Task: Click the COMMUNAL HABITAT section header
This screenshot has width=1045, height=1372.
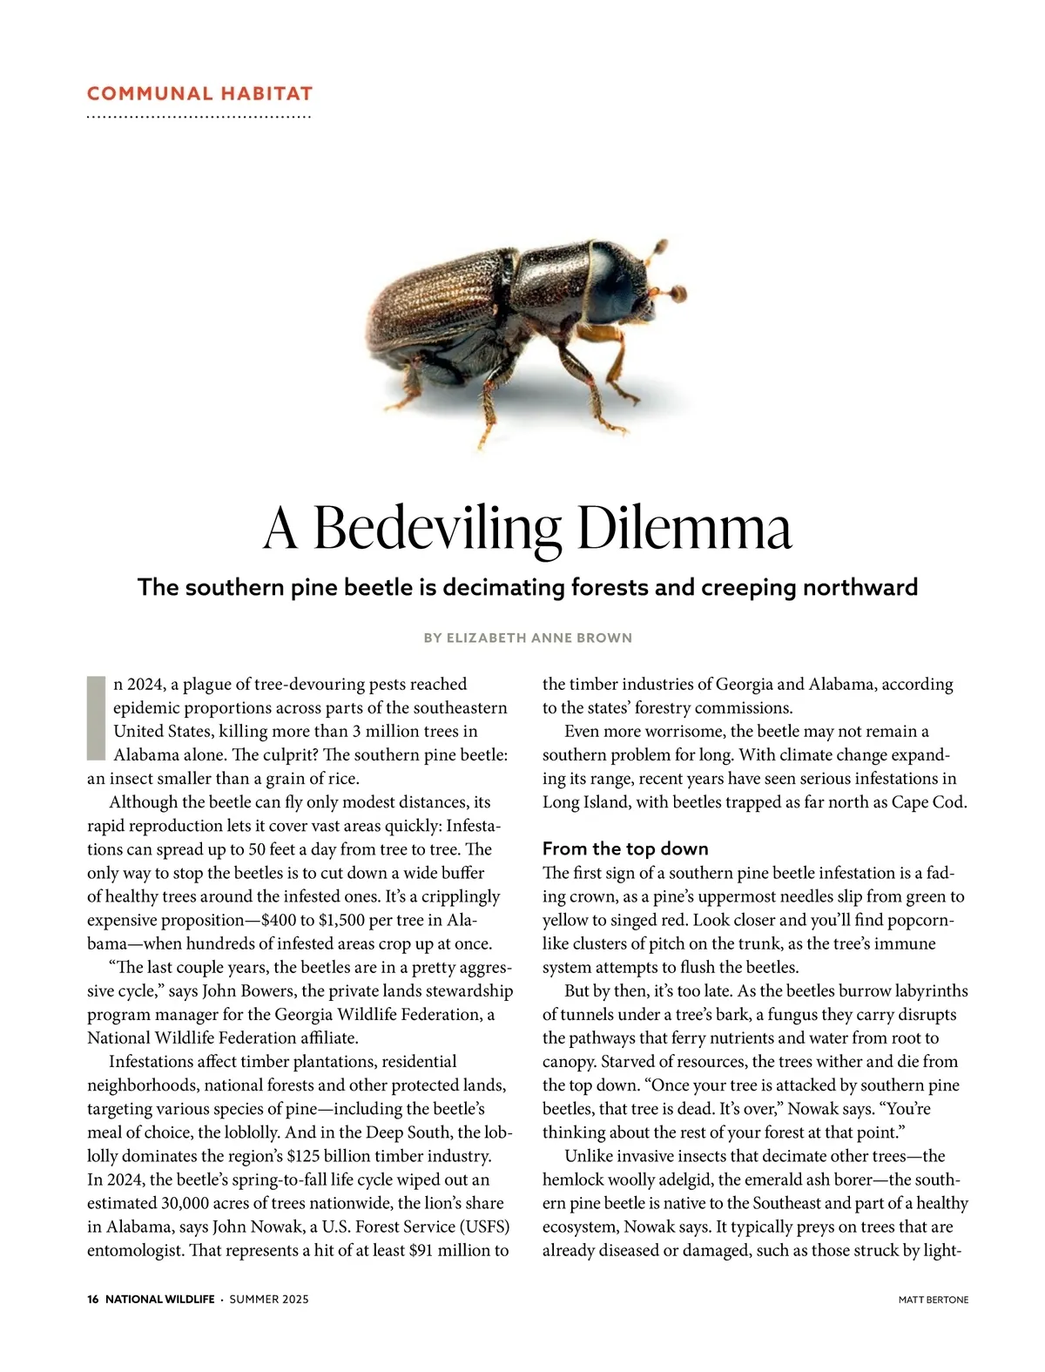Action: (199, 93)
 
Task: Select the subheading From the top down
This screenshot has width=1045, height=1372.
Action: (625, 848)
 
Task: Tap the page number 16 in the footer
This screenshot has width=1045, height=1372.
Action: (93, 1299)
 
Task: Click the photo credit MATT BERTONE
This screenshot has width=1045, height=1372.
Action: (934, 1300)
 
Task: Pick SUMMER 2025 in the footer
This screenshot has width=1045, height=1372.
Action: (269, 1299)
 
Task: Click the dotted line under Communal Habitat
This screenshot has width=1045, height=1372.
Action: (199, 117)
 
